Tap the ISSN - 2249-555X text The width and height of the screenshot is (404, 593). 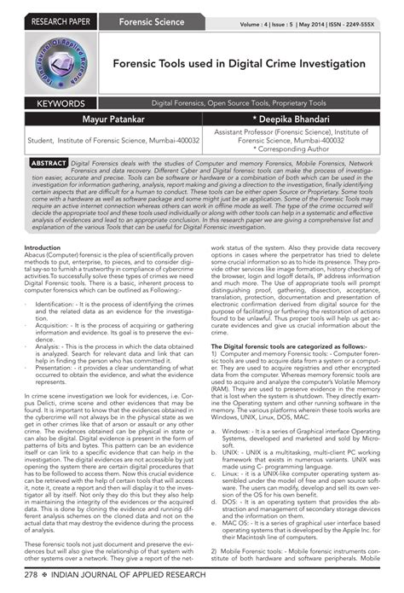click(x=362, y=23)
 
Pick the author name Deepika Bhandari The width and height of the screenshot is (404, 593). click(x=302, y=120)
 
